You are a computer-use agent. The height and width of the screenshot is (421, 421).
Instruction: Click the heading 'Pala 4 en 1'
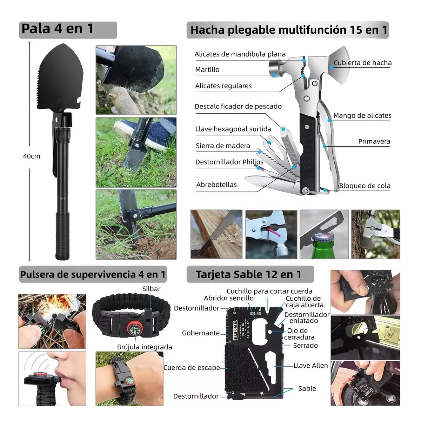coord(58,29)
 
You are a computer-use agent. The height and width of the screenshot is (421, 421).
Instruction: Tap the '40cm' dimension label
coord(32,156)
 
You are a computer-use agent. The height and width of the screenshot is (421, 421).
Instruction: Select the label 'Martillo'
coord(207,69)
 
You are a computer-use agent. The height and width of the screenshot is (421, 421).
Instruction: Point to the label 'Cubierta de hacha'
coord(362,63)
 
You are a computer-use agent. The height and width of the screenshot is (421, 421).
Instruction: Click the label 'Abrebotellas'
coord(216,185)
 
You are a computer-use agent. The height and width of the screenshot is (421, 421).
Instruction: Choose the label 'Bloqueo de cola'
coord(365,186)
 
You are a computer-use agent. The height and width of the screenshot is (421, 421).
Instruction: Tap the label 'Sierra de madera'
coord(223,146)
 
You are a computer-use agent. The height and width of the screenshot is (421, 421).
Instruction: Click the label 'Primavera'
coord(374,141)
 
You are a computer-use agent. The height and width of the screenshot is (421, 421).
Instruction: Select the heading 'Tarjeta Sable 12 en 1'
coord(248,274)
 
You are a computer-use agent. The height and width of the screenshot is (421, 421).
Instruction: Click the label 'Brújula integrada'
coord(145,347)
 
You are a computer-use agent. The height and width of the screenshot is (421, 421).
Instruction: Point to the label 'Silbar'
coord(151,289)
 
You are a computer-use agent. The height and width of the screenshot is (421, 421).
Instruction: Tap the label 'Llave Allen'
coord(310,366)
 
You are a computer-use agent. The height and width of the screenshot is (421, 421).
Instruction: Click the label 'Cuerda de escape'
coord(192,368)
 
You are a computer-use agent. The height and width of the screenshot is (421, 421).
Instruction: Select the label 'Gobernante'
coord(201,333)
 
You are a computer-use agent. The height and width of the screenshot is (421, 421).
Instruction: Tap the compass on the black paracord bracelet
coord(134,329)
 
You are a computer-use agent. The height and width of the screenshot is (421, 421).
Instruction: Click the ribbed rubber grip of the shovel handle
coord(62,236)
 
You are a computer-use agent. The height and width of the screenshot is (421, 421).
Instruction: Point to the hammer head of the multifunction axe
coord(275,67)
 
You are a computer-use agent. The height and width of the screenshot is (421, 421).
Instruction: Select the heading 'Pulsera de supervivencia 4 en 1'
coord(93,274)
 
